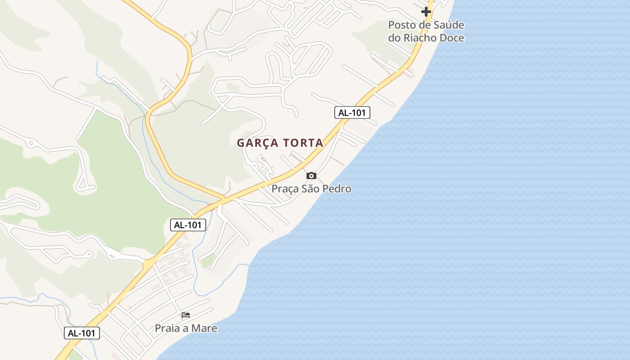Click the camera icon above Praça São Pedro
tap(311, 175)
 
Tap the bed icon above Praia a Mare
tap(186, 315)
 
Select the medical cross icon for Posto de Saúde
tap(426, 11)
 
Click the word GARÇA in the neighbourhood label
tap(256, 143)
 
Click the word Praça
tap(285, 189)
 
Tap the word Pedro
tap(337, 189)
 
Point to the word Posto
tap(401, 25)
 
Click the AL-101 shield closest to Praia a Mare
tap(82, 333)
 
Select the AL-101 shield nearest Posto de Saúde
tap(352, 112)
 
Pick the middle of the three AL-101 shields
tap(188, 225)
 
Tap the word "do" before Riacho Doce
tap(395, 38)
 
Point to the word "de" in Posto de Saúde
tap(424, 25)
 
